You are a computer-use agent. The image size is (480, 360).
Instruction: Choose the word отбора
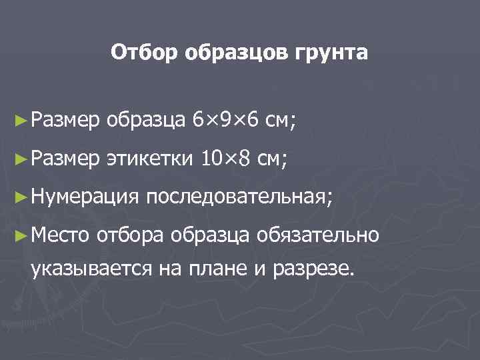pyautogui.click(x=131, y=235)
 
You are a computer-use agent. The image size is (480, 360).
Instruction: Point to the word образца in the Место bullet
pyautogui.click(x=210, y=235)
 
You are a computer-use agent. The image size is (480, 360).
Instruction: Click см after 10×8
pyautogui.click(x=271, y=159)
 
